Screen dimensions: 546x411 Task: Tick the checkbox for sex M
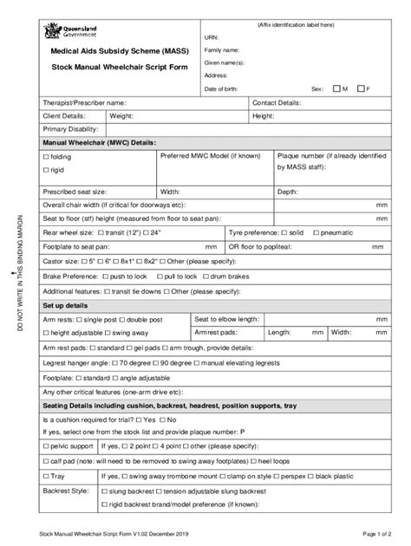[336, 89]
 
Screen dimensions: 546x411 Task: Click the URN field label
[212, 39]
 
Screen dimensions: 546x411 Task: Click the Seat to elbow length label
[227, 319]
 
